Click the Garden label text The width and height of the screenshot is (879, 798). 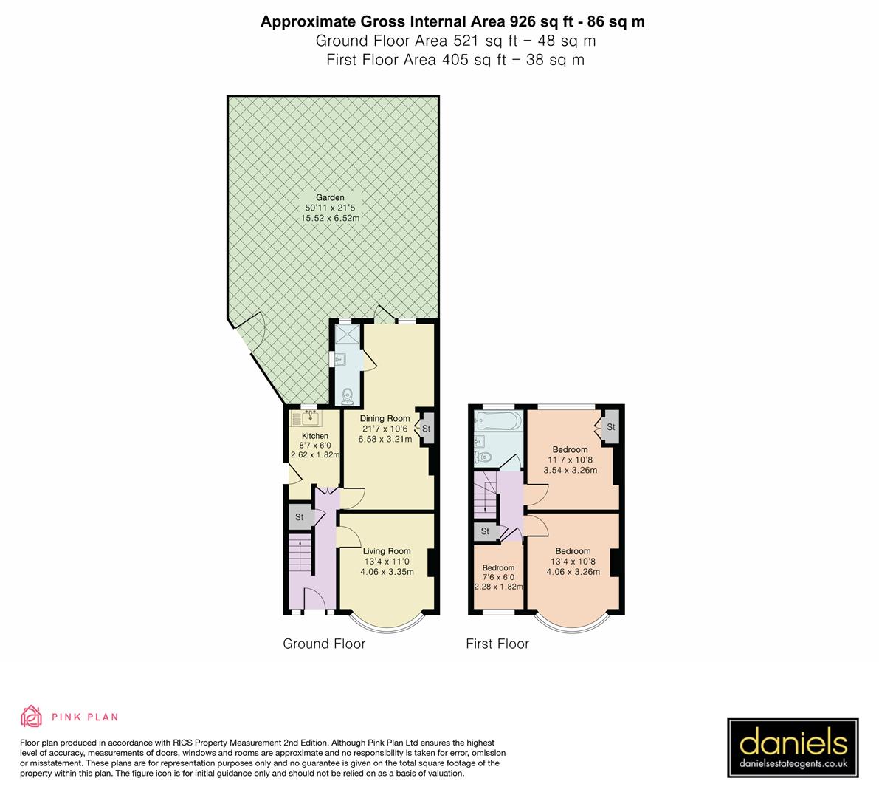coord(330,198)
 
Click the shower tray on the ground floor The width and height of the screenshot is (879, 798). coord(345,337)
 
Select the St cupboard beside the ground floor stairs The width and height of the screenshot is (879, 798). coord(300,517)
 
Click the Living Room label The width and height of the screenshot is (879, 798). coord(387,550)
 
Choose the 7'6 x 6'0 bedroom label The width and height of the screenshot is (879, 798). coord(498,578)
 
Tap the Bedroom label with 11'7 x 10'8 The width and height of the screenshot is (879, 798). coord(570,449)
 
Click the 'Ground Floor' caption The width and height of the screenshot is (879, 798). coord(324,644)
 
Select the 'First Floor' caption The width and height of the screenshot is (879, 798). coord(497,644)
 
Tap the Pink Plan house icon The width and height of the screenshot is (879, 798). coord(32,716)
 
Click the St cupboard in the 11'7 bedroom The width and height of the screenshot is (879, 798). coord(611,427)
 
